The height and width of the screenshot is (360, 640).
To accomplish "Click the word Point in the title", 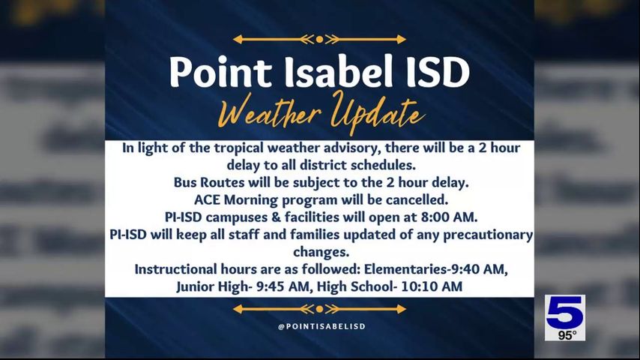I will click(211, 72).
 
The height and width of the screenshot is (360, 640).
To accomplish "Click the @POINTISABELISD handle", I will click(321, 327).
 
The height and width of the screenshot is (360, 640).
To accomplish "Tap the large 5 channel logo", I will click(564, 313).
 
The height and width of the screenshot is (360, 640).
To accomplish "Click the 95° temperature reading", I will click(567, 335).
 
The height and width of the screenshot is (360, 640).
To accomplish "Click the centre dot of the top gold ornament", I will click(319, 39).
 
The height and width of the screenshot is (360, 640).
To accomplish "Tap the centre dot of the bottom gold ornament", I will click(319, 308).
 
